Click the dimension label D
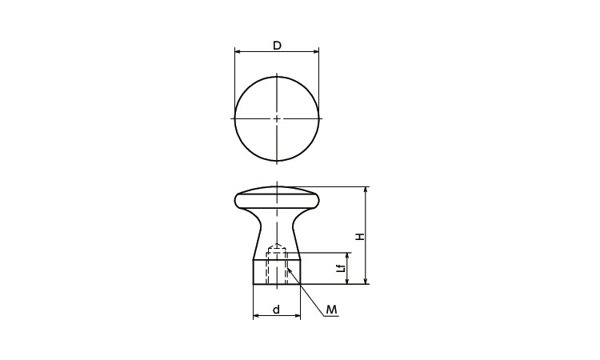[x=277, y=46]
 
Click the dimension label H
[x=360, y=237]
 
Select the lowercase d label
[x=277, y=309]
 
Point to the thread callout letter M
[x=332, y=310]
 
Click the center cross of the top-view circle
[x=277, y=118]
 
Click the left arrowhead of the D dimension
[x=238, y=51]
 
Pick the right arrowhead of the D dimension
[x=316, y=51]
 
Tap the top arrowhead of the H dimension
[x=366, y=190]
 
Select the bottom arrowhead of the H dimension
[x=366, y=281]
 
